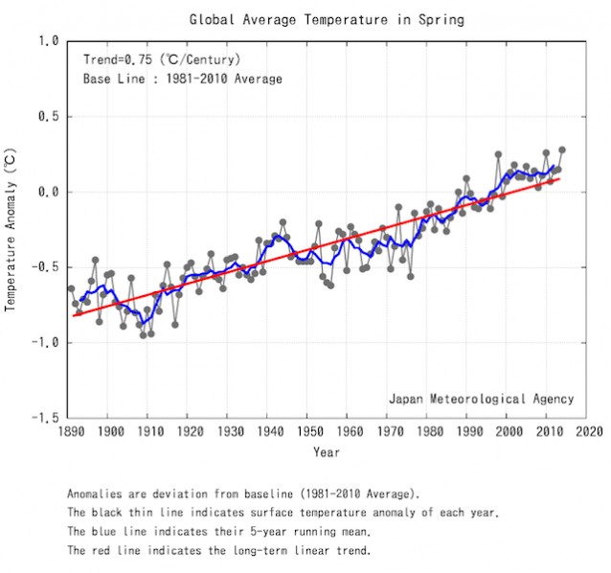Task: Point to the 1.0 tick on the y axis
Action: pyautogui.click(x=49, y=41)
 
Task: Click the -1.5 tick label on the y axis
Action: pyautogui.click(x=45, y=418)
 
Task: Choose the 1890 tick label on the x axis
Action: pyautogui.click(x=70, y=432)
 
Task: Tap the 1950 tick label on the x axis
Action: pyautogui.click(x=308, y=432)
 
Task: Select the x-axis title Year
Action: pyautogui.click(x=326, y=452)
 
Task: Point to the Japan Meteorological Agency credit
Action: pyautogui.click(x=481, y=399)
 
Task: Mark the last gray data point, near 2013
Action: pyautogui.click(x=561, y=150)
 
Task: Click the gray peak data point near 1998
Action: pyautogui.click(x=498, y=154)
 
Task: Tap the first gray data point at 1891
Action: pyautogui.click(x=71, y=288)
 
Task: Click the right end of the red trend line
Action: pyautogui.click(x=558, y=178)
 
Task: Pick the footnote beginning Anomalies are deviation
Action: pyautogui.click(x=243, y=494)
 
